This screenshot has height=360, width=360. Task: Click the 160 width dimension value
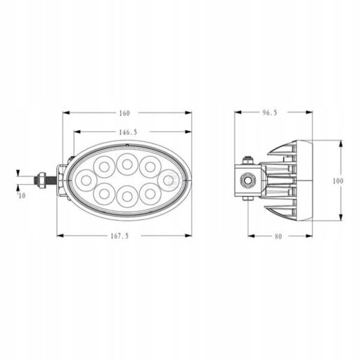[125, 113]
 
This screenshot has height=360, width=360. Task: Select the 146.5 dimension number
[128, 131]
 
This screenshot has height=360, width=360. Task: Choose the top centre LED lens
[127, 165]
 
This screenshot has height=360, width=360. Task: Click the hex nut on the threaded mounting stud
[44, 180]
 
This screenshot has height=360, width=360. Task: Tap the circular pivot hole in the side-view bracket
[247, 181]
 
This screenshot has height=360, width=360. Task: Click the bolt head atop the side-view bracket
[247, 160]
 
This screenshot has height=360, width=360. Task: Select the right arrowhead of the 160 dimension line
[190, 112]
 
